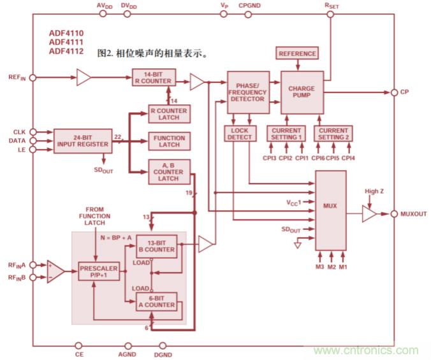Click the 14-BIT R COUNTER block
tap(153, 78)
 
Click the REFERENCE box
tap(297, 54)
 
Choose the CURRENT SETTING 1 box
tap(286, 133)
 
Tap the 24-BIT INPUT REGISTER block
tap(82, 141)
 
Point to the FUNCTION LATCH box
tap(169, 141)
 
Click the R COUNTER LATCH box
tap(168, 114)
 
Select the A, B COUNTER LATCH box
tap(168, 171)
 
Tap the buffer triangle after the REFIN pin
tap(85, 78)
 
